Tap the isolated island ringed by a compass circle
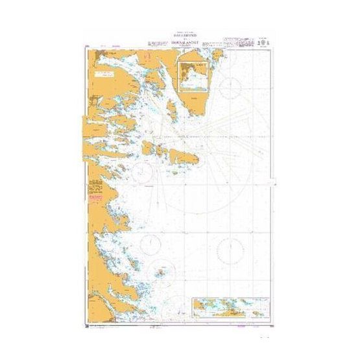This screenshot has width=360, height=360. (x=160, y=271)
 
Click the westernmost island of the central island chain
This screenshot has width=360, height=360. (x=147, y=148)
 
